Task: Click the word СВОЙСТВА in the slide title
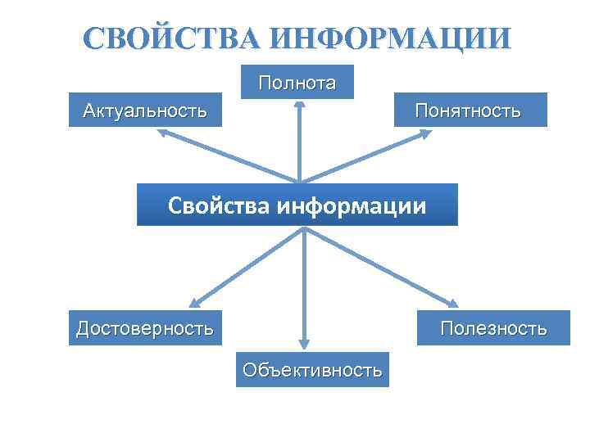[x=173, y=39]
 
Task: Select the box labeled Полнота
[x=297, y=82]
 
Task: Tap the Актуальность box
[x=145, y=110]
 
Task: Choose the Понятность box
[x=467, y=110]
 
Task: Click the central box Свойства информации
[x=297, y=204]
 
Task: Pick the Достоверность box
[x=145, y=328]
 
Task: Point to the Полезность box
[x=493, y=328]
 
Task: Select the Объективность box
[x=312, y=370]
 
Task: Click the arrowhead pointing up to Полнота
[x=300, y=106]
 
